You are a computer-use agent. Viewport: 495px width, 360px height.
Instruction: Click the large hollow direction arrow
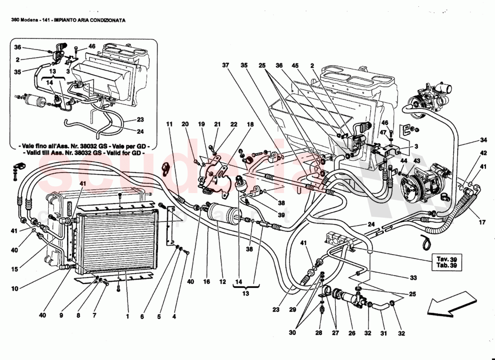(x=451, y=303)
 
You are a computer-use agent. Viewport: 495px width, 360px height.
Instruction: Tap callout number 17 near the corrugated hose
(x=483, y=221)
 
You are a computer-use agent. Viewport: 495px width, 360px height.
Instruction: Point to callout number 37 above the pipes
(x=225, y=65)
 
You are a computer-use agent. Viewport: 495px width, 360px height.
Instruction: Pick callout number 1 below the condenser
(x=127, y=316)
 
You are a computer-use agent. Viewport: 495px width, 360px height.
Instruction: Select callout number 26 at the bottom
(x=351, y=333)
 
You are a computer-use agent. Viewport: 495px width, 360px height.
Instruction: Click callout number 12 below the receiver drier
(x=222, y=282)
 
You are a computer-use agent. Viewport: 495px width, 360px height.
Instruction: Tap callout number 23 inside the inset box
(x=140, y=120)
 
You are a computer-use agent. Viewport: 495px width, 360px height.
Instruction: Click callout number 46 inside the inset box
(x=92, y=46)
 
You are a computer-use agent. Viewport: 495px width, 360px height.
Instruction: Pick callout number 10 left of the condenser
(x=15, y=288)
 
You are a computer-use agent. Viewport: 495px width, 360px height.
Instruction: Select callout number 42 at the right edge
(x=483, y=153)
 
